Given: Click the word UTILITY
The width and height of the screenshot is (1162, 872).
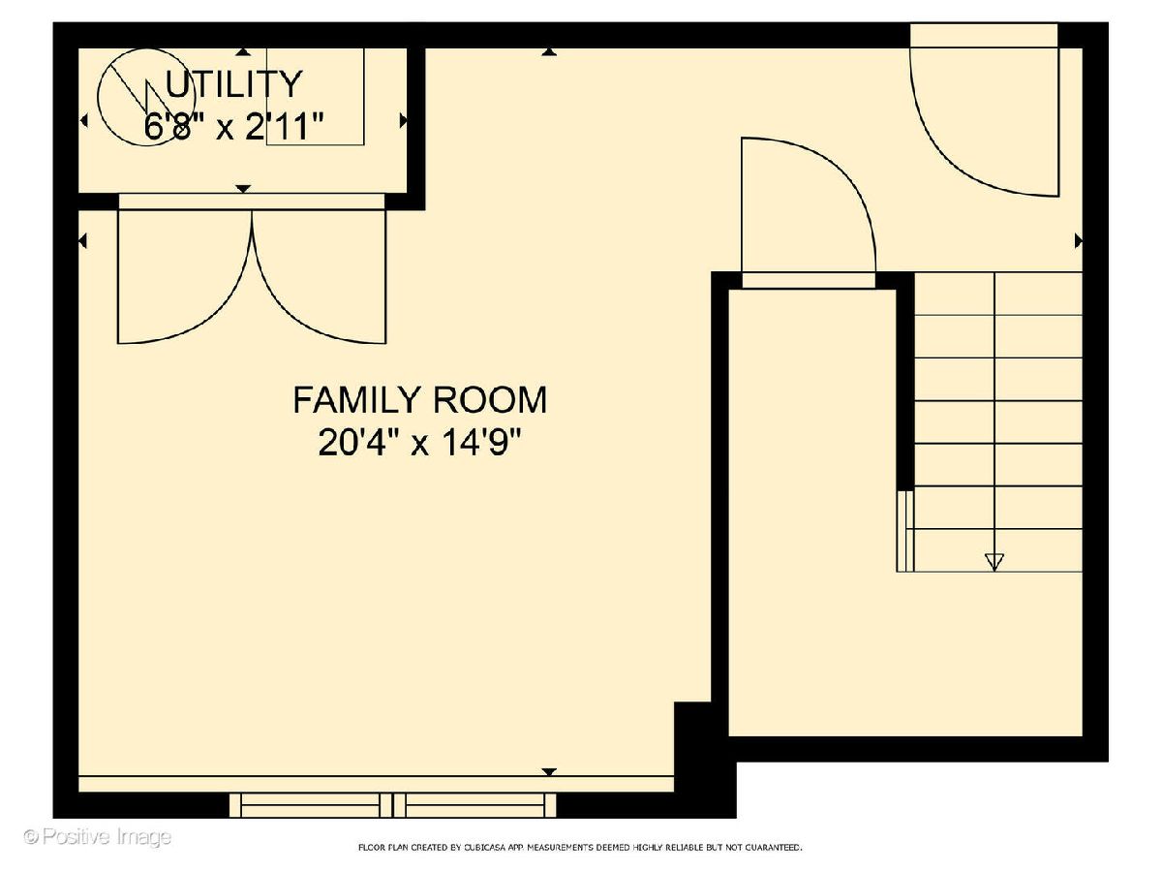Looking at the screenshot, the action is [234, 83].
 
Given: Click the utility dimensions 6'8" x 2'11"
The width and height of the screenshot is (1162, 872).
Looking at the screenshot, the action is [233, 127].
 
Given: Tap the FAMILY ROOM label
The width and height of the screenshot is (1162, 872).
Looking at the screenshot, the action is [420, 400].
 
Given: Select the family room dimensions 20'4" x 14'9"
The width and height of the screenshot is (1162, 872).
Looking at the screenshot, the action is [420, 443].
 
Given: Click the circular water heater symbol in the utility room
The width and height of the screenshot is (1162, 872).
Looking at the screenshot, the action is [146, 98].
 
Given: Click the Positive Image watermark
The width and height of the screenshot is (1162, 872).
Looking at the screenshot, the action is [98, 837].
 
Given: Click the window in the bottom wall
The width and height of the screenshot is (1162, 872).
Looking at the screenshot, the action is [393, 805].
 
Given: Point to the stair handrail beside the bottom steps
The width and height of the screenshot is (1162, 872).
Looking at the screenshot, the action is [905, 531].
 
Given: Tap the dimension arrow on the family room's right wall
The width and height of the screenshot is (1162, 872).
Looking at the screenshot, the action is [1079, 241].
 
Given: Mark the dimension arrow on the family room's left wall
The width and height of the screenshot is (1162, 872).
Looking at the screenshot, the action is [82, 241].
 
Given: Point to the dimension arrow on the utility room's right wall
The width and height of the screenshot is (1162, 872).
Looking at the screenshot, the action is [404, 121].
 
